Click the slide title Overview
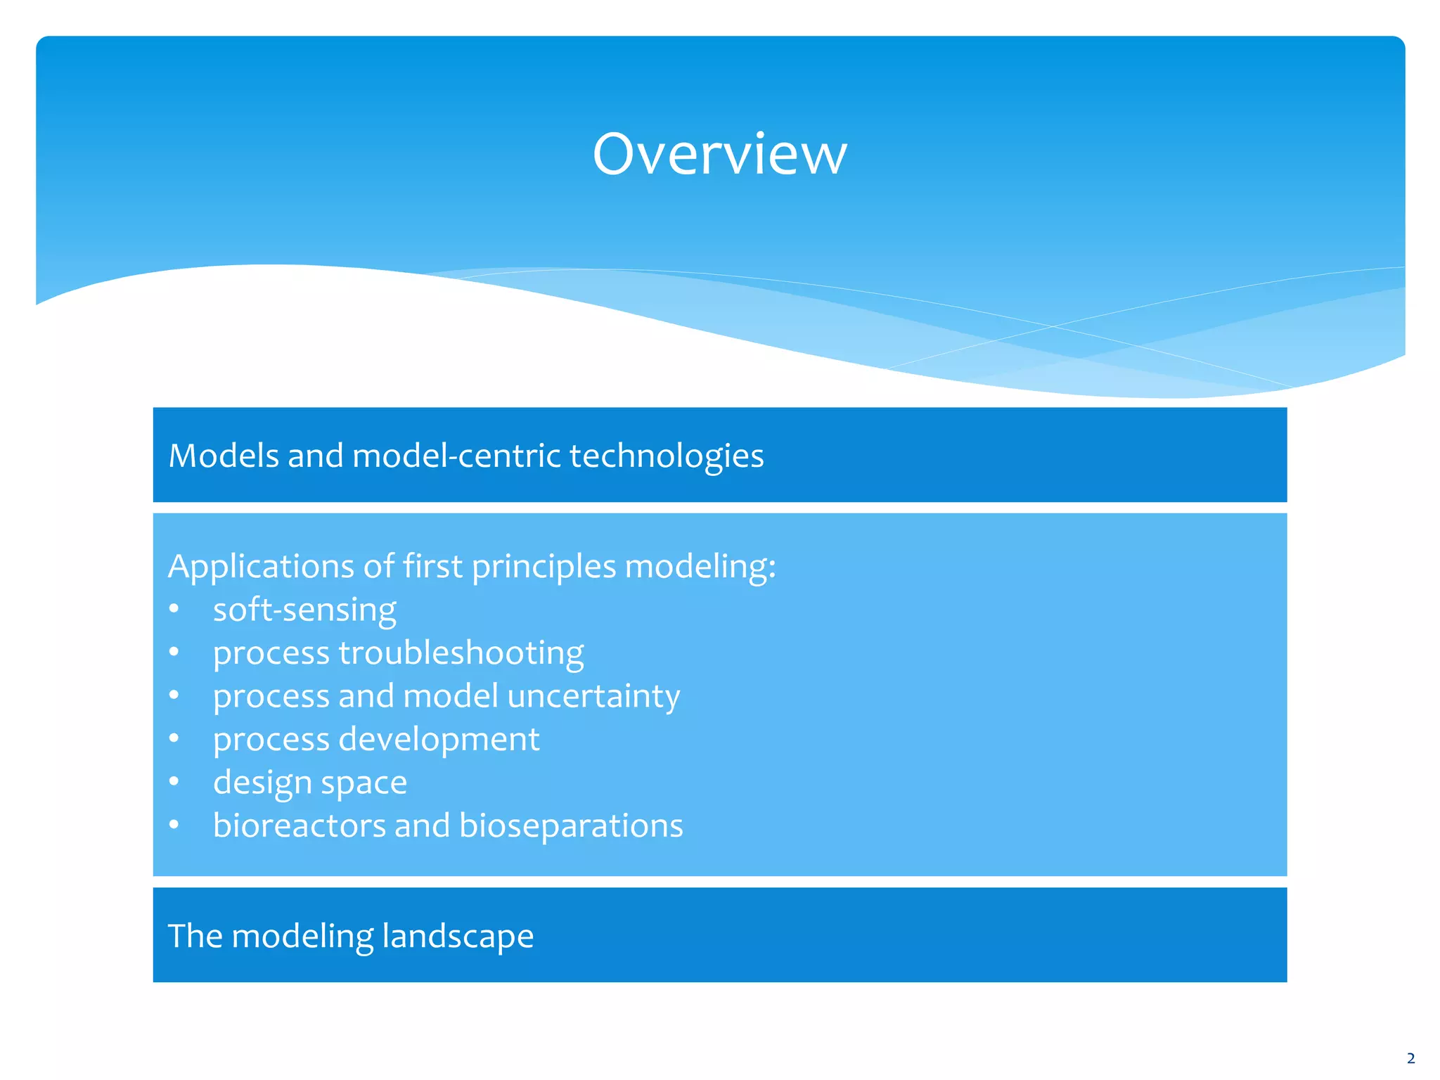(719, 154)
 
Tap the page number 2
(1410, 1058)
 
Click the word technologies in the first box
(666, 456)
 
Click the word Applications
(261, 567)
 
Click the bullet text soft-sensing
(304, 610)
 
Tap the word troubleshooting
(461, 653)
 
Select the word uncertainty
(593, 696)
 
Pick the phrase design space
(310, 783)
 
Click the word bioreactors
(300, 825)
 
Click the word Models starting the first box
(224, 456)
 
